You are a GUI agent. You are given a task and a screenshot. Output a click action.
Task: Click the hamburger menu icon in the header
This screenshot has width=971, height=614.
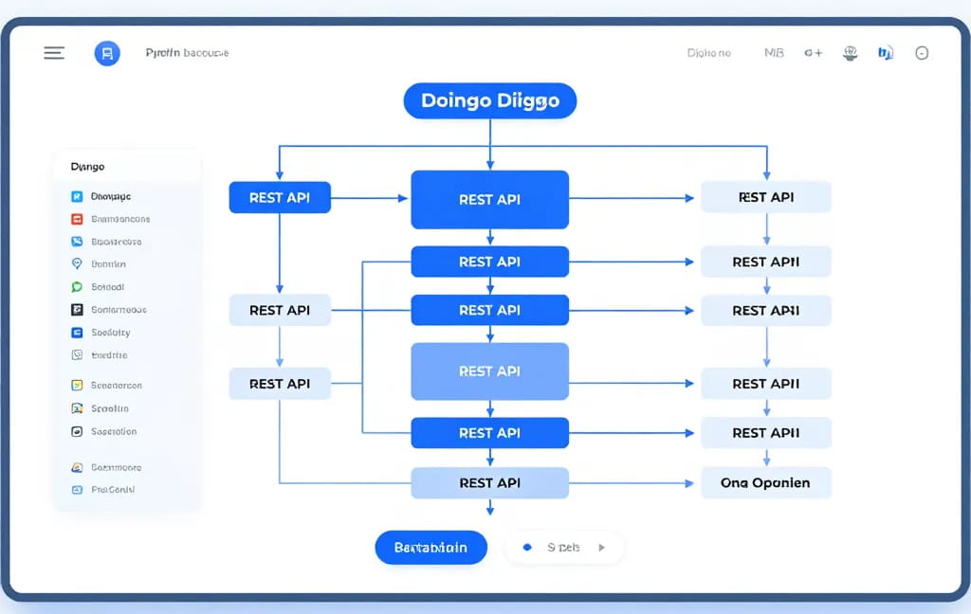click(54, 53)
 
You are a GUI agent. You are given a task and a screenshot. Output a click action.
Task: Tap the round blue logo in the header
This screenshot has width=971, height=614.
click(107, 53)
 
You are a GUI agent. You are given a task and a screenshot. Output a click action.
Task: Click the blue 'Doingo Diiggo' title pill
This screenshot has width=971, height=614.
click(489, 100)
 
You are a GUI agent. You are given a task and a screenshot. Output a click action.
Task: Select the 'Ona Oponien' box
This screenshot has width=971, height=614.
click(765, 482)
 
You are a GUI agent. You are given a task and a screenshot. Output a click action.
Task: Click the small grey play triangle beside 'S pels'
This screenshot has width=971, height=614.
click(600, 548)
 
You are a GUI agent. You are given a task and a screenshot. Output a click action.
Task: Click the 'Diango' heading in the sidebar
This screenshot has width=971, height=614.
click(87, 167)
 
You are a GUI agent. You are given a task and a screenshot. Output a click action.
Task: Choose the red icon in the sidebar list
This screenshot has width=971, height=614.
click(78, 219)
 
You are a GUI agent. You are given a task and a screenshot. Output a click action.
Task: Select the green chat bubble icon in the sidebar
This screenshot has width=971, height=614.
click(78, 287)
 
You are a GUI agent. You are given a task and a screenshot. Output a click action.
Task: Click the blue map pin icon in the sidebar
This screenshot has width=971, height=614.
click(78, 264)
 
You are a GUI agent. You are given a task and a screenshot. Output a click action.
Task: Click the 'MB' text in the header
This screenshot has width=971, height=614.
click(774, 53)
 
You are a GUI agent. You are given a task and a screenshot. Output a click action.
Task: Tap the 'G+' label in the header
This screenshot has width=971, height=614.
click(813, 53)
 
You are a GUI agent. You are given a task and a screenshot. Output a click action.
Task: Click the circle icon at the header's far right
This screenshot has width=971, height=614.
click(922, 53)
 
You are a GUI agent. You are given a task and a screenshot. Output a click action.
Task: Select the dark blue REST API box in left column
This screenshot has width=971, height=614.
click(279, 198)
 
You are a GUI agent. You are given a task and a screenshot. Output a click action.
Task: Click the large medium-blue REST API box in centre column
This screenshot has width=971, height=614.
click(489, 371)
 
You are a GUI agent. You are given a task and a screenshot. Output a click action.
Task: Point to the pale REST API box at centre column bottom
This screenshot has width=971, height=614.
click(489, 482)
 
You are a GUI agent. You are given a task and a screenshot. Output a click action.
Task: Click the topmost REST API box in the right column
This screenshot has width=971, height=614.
click(765, 197)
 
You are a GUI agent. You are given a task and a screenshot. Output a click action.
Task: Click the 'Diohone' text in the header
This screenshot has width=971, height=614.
click(708, 53)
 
